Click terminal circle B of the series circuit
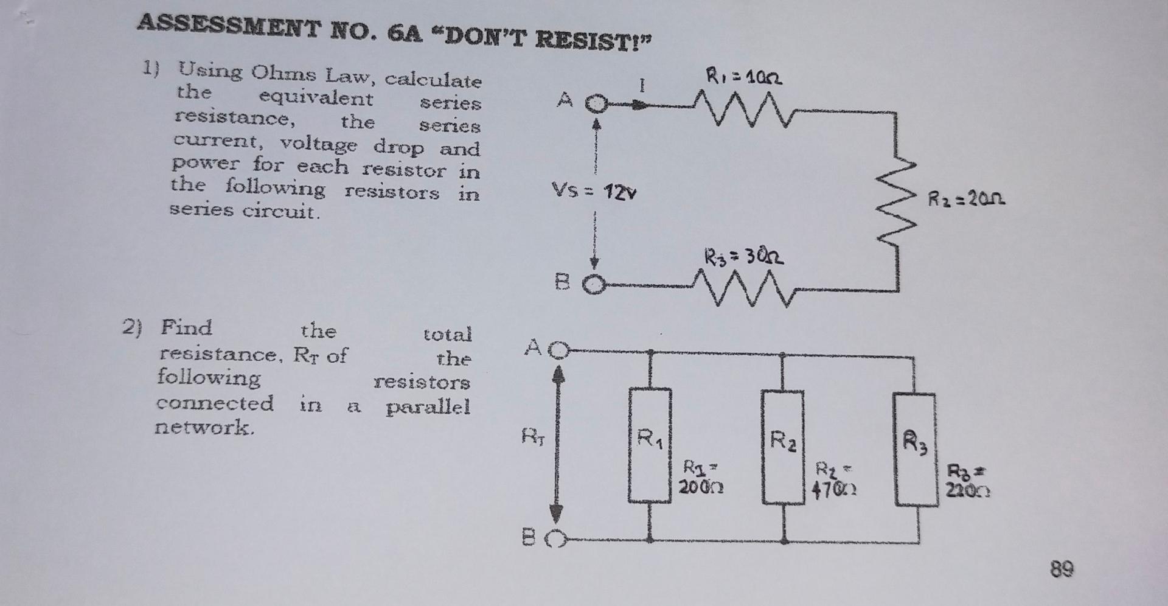(x=596, y=285)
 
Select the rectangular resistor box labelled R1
(x=650, y=445)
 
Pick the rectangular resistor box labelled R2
(x=783, y=447)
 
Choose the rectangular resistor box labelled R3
(x=914, y=449)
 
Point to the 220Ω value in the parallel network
(x=967, y=490)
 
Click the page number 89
(x=1062, y=569)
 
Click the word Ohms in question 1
(x=284, y=74)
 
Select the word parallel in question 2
(x=428, y=406)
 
